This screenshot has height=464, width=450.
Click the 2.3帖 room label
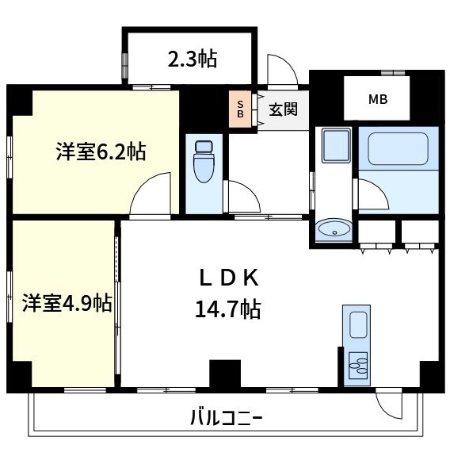(x=192, y=58)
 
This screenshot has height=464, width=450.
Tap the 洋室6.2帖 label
(x=101, y=151)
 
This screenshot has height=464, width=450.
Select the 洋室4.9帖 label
(x=66, y=302)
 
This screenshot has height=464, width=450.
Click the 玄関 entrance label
(x=282, y=109)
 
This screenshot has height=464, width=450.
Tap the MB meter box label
(x=377, y=100)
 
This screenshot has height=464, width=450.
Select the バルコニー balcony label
(x=226, y=416)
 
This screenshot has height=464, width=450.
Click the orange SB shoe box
(x=239, y=109)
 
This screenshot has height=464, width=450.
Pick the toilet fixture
(x=204, y=162)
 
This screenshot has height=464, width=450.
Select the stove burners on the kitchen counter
(x=357, y=366)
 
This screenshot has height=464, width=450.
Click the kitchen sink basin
(x=357, y=326)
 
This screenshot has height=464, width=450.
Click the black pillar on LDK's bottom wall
(x=224, y=374)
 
